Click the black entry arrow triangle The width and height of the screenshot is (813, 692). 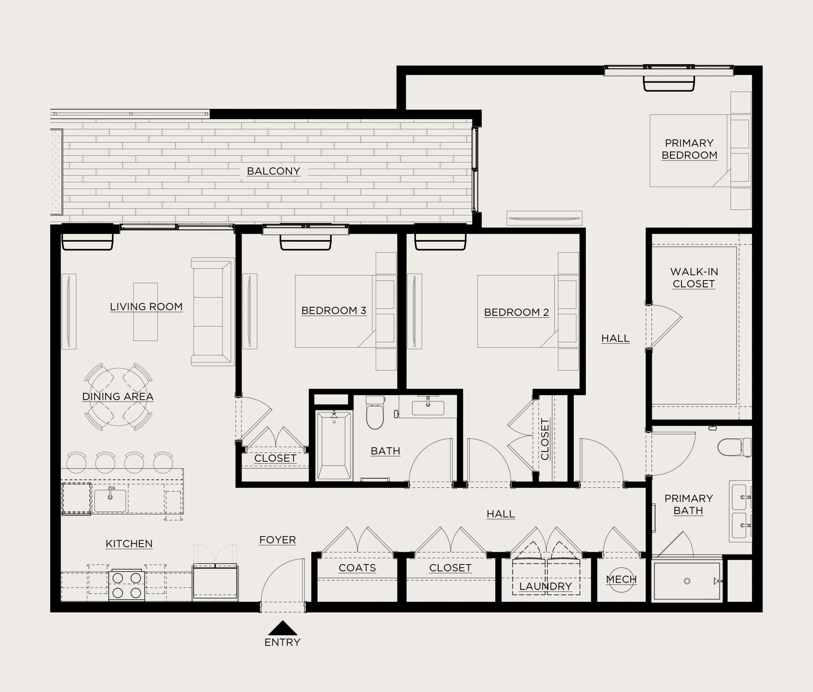pyautogui.click(x=282, y=628)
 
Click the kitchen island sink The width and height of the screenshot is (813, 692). pyautogui.click(x=110, y=500)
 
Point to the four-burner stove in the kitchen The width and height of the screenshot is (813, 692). pyautogui.click(x=126, y=585)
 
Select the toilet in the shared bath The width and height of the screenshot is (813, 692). pyautogui.click(x=374, y=412)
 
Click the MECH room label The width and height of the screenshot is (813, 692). pyautogui.click(x=621, y=580)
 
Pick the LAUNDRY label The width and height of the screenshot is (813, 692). pyautogui.click(x=545, y=586)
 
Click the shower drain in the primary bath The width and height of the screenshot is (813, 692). pyautogui.click(x=687, y=581)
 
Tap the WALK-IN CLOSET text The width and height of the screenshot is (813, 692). pyautogui.click(x=694, y=277)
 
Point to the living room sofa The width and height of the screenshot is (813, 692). pyautogui.click(x=212, y=312)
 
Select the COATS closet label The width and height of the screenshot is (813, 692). pyautogui.click(x=357, y=568)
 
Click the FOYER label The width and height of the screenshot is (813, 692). pyautogui.click(x=277, y=540)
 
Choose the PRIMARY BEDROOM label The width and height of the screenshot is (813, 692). pyautogui.click(x=689, y=149)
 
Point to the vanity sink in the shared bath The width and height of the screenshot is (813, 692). pyautogui.click(x=428, y=408)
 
